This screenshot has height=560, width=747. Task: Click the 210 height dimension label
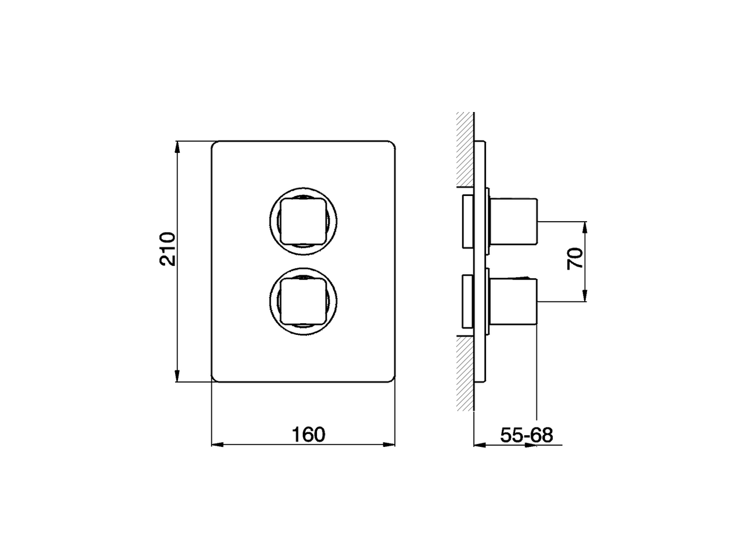(167, 250)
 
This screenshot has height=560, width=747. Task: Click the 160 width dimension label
(309, 435)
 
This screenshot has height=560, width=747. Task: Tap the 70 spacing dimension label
(575, 258)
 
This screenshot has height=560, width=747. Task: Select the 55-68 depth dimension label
(526, 435)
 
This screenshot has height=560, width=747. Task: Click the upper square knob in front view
(302, 220)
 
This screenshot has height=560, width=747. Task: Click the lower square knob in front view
(302, 300)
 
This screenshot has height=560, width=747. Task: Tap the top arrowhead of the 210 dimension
(177, 146)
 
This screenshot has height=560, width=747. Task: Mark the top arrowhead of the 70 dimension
(585, 226)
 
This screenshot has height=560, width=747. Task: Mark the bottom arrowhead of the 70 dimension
(585, 296)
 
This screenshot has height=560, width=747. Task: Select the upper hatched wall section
(465, 149)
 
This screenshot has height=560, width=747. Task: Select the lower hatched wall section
(465, 373)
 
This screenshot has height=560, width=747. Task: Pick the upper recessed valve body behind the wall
(469, 221)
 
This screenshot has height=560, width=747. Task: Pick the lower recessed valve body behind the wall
(469, 301)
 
